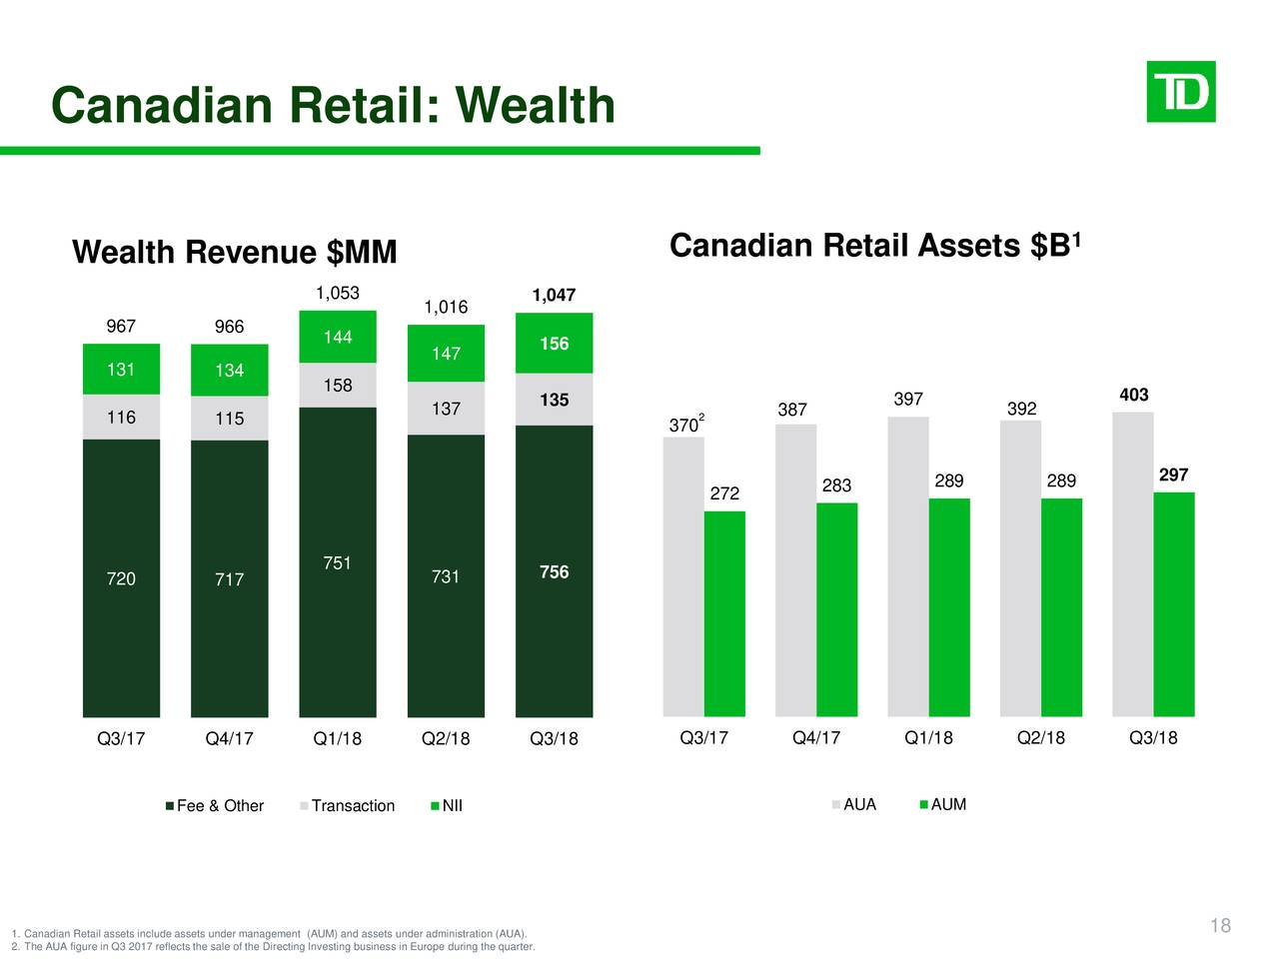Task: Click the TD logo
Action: click(x=1180, y=92)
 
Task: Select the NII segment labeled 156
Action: click(x=554, y=344)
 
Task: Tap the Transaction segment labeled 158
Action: click(x=338, y=385)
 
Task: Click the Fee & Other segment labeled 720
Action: click(x=121, y=578)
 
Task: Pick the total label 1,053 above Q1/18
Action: click(x=338, y=293)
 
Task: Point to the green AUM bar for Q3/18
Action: click(x=1173, y=604)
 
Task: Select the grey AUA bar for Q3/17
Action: click(x=682, y=577)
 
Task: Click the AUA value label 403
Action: click(x=1133, y=395)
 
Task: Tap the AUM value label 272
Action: click(x=724, y=493)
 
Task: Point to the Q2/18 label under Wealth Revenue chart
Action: click(x=446, y=739)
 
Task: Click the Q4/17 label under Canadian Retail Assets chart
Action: click(x=816, y=738)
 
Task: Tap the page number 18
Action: click(x=1220, y=926)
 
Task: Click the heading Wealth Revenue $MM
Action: click(x=235, y=253)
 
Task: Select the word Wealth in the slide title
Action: click(x=536, y=106)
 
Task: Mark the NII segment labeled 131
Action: click(x=121, y=370)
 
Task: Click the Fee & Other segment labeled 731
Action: click(x=446, y=576)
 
